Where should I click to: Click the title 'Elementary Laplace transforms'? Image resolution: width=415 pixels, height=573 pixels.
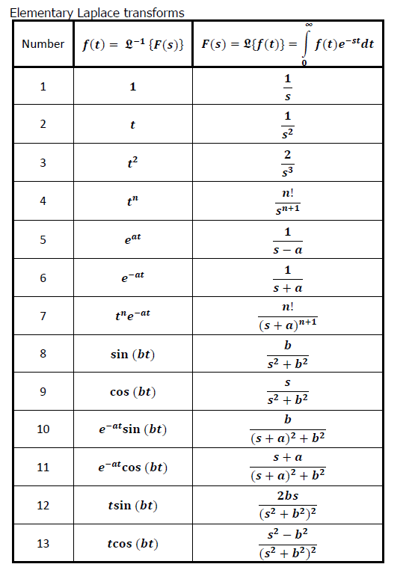[96, 13]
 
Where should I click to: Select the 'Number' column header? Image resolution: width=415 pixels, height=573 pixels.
[43, 43]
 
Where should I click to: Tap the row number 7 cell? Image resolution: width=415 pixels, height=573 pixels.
[43, 316]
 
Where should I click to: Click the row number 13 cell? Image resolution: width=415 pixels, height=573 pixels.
[43, 543]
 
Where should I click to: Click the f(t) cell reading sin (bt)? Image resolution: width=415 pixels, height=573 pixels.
[133, 354]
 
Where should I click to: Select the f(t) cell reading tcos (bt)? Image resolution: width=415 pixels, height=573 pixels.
[133, 543]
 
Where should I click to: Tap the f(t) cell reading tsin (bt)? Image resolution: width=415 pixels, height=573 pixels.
[133, 505]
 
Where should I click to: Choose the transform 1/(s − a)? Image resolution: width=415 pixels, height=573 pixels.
[287, 240]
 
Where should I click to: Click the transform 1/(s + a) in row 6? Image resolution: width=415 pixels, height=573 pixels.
[287, 278]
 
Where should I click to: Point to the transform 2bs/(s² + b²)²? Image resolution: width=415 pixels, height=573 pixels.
[287, 505]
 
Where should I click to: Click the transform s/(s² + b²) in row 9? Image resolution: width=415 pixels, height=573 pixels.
[287, 391]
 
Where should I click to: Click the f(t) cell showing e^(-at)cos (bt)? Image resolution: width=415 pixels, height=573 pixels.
[133, 467]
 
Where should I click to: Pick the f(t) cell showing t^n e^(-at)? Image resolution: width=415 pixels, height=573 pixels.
[133, 316]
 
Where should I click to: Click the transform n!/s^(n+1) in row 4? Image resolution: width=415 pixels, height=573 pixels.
[287, 201]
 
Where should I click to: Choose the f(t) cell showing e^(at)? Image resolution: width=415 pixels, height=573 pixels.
[133, 239]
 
